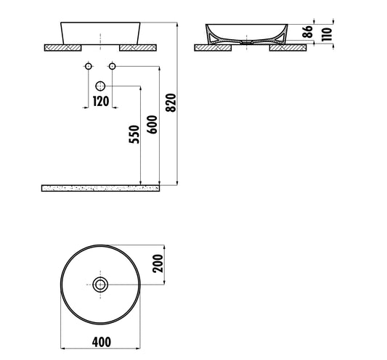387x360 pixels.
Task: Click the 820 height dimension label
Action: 171,105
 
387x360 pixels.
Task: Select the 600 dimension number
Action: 152,128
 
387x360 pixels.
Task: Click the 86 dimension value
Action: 307,32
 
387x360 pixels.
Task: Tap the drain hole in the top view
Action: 100,285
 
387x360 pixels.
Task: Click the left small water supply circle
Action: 88,67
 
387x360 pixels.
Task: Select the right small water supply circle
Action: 113,67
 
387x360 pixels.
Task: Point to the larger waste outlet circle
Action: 100,86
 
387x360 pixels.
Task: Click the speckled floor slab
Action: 100,188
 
